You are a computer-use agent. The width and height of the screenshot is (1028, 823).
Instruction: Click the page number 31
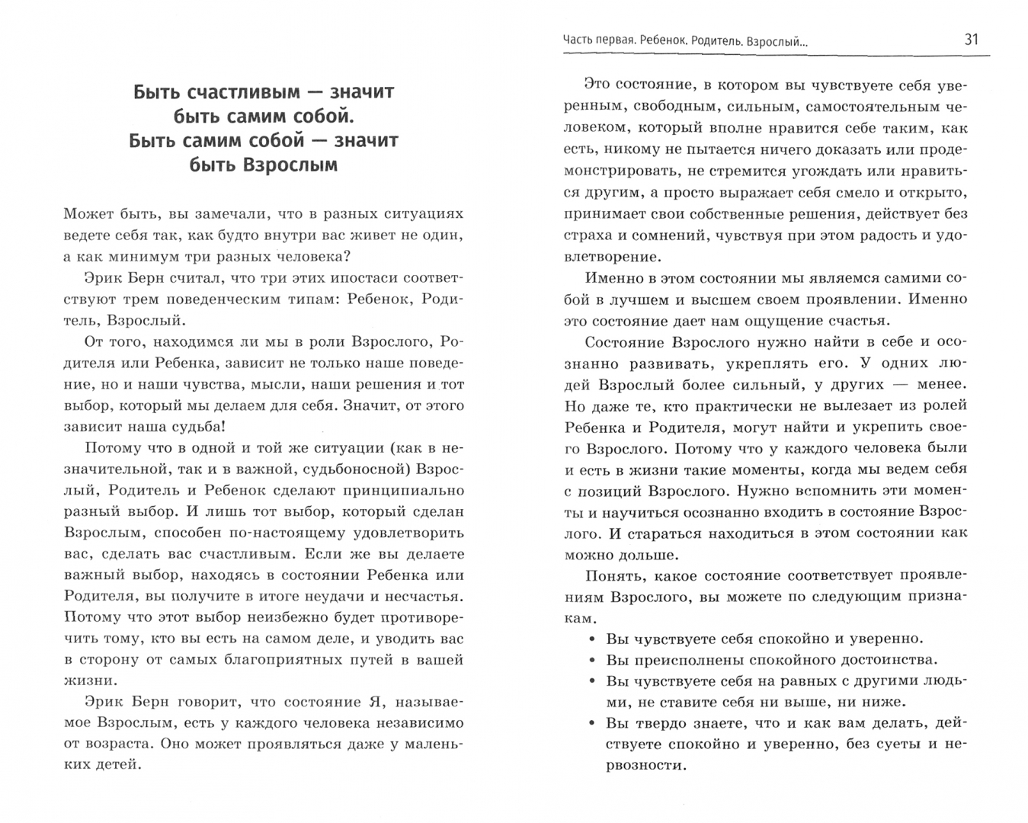(971, 40)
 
